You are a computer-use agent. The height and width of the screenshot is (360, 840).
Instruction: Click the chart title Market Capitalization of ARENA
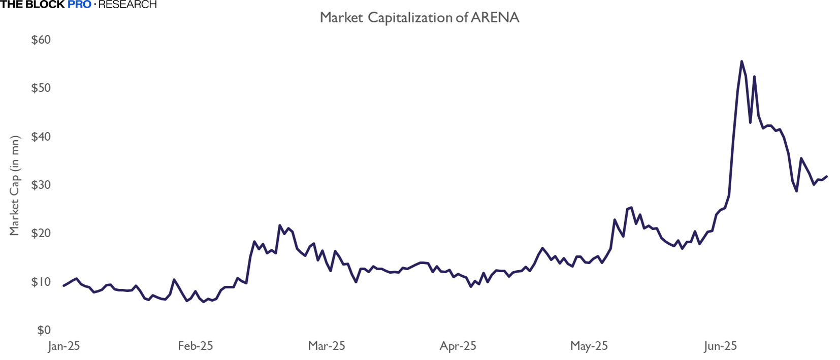pos(419,18)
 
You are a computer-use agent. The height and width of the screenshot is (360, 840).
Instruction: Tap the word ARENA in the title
pos(495,18)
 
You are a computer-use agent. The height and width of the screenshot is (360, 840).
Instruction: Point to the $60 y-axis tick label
pos(41,40)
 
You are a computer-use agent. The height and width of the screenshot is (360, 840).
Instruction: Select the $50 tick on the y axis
pos(41,88)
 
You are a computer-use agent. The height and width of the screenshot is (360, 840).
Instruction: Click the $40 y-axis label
pos(41,136)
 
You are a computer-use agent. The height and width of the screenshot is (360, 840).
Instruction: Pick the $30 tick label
pos(41,185)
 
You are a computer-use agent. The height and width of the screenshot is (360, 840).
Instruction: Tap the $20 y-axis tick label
pos(41,233)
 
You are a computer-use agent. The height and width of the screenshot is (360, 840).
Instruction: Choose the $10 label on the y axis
pos(41,282)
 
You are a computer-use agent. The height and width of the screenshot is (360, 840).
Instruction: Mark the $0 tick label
pos(44,330)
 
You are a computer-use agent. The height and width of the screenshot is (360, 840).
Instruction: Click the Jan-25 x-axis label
pos(64,346)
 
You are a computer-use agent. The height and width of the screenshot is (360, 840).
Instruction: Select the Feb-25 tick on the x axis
pos(196,346)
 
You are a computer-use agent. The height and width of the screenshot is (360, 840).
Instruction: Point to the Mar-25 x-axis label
pos(327,346)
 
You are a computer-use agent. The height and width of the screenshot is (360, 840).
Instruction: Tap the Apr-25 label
pos(458,346)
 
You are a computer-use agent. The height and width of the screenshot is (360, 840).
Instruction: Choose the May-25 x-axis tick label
pos(589,346)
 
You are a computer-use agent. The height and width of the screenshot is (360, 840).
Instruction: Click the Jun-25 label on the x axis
pos(721,346)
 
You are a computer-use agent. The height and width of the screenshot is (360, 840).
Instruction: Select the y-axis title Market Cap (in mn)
pos(14,185)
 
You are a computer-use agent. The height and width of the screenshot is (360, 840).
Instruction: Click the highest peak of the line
pos(741,61)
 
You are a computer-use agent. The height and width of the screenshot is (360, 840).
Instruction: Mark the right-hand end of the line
pos(827,177)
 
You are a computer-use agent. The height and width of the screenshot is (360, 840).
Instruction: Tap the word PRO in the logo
pos(79,5)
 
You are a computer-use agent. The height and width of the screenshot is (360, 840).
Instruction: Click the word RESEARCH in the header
pos(127,5)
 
